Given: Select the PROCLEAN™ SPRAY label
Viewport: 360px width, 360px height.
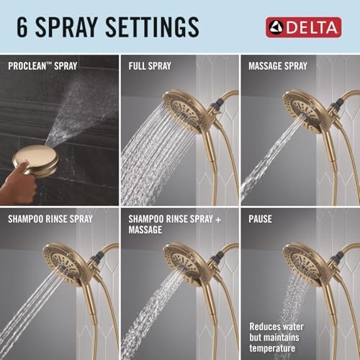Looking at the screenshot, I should pyautogui.click(x=42, y=66).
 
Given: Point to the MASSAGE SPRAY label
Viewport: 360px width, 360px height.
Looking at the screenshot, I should pyautogui.click(x=279, y=66).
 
